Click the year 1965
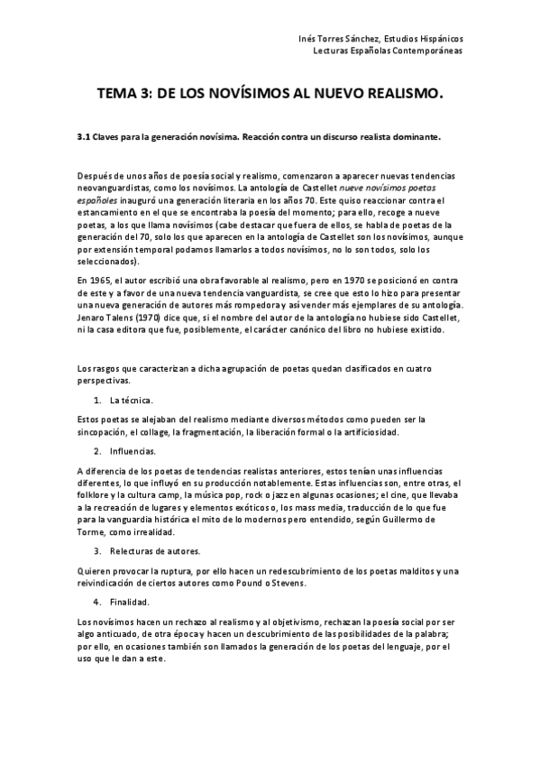tap(98, 281)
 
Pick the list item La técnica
tap(132, 399)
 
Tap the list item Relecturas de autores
tap(155, 550)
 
